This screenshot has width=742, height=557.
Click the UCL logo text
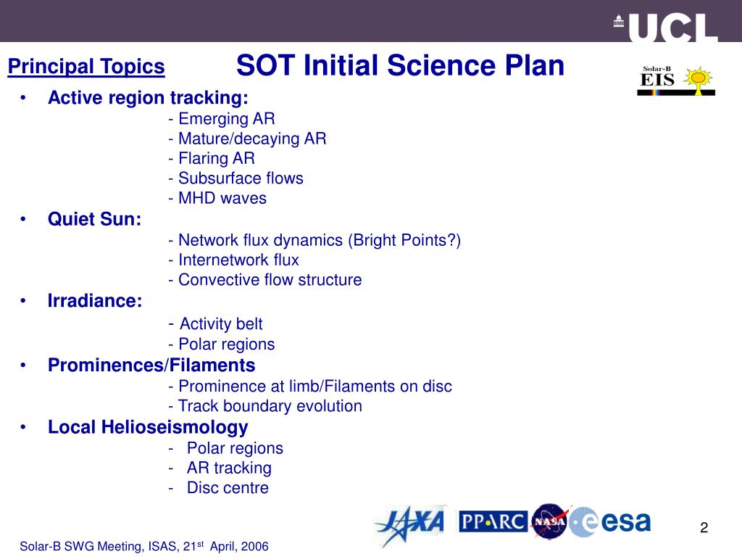tap(671, 28)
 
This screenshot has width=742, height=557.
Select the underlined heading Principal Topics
tap(86, 67)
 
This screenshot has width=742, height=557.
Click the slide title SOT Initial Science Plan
tap(400, 67)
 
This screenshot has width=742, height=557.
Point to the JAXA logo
tap(409, 524)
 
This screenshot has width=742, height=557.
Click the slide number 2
tap(703, 528)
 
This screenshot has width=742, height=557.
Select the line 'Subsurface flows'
tap(235, 178)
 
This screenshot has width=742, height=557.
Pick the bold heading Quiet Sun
tap(94, 219)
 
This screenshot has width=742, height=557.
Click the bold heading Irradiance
tap(95, 301)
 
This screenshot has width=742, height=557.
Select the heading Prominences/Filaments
tap(151, 365)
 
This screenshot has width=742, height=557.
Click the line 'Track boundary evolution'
tap(264, 406)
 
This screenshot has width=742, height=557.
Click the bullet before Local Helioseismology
tap(25, 428)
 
